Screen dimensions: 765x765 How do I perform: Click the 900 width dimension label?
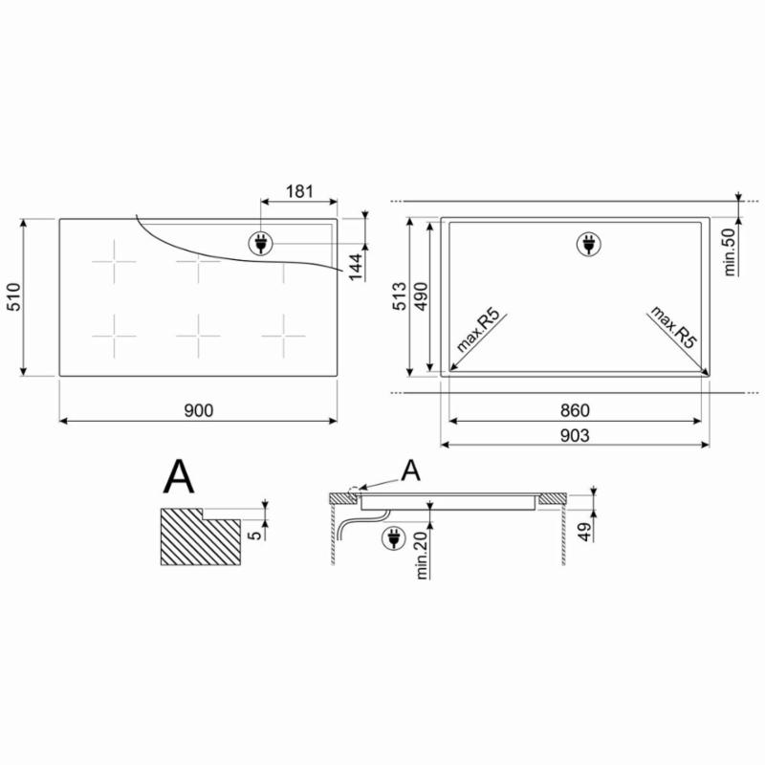(x=199, y=410)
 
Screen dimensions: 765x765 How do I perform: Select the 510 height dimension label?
(x=13, y=296)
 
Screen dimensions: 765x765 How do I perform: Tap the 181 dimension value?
(x=299, y=191)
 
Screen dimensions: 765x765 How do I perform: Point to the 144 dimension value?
(x=356, y=268)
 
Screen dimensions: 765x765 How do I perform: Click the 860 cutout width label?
(x=575, y=410)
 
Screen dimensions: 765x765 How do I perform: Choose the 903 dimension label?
(x=575, y=435)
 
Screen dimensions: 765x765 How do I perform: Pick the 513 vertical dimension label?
(x=399, y=296)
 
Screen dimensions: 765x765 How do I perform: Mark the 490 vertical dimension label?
(x=420, y=296)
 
